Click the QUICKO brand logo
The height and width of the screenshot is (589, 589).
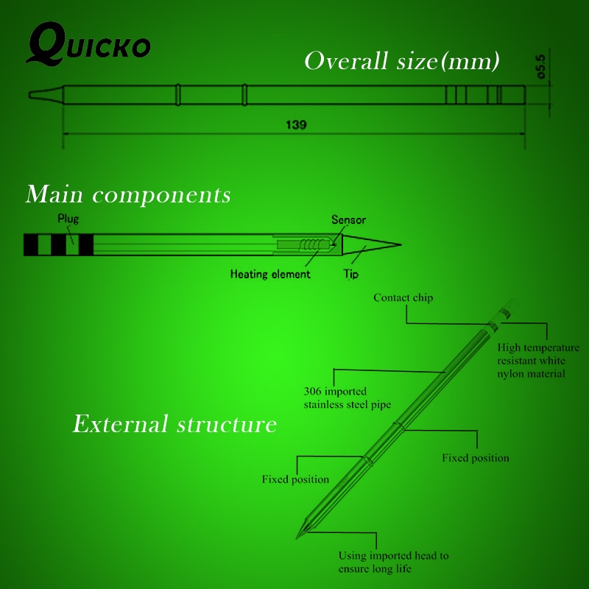pos(88,43)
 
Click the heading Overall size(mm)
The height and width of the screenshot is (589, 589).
pos(402,61)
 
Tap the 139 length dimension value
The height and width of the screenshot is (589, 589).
pos(296,124)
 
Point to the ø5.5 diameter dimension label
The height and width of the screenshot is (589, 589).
pos(540,66)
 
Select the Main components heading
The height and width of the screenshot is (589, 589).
pos(128,194)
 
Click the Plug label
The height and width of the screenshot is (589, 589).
pos(68,219)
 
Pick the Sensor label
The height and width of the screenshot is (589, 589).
pos(348,219)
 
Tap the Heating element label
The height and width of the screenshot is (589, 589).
pos(270,274)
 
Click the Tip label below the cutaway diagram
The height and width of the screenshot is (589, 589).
pos(351,274)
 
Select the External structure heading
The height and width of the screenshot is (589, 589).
pos(174,424)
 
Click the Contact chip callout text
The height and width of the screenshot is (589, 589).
pos(403,297)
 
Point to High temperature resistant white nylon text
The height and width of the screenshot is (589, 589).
pos(538,360)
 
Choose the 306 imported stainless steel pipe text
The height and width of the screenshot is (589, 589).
pos(348,398)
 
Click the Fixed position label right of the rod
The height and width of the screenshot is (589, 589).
pos(476,458)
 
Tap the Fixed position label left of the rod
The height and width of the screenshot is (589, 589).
pos(295,479)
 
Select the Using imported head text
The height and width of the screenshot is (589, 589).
pos(393,562)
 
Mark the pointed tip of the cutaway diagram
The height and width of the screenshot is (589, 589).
pos(401,245)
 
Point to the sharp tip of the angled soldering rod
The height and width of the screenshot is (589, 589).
pos(297,538)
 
